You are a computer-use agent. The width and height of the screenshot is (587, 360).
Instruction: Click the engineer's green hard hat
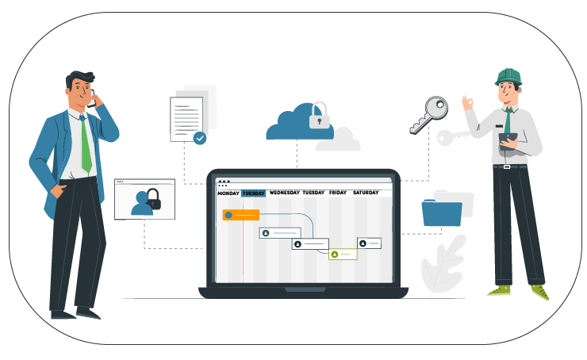click(508, 77)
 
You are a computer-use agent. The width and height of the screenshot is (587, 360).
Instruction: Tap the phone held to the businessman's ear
click(92, 99)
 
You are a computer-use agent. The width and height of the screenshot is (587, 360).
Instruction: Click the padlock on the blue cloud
click(320, 116)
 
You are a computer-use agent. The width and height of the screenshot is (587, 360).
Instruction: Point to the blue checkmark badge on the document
click(200, 138)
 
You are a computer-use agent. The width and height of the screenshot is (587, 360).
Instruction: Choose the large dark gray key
click(429, 115)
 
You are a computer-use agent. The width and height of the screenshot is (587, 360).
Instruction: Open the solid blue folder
click(442, 213)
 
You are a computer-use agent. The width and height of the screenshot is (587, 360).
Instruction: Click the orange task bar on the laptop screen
click(241, 215)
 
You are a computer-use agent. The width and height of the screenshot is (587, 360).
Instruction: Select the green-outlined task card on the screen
click(343, 255)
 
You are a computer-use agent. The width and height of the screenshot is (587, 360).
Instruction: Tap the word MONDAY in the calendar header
click(228, 193)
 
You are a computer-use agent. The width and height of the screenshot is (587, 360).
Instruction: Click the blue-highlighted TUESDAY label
click(254, 193)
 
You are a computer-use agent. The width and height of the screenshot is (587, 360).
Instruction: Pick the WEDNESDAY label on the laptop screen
click(285, 193)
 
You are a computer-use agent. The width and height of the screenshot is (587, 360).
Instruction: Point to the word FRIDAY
click(338, 193)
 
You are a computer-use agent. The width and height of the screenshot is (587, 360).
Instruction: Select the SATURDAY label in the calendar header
click(366, 193)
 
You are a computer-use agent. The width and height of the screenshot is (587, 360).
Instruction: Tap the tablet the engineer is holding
click(508, 141)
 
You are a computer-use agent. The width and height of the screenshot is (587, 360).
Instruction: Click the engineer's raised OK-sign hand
click(467, 102)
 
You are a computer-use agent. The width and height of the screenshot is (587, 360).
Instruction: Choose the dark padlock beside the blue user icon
click(153, 199)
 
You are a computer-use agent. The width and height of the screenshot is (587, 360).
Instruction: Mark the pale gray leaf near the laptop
click(443, 265)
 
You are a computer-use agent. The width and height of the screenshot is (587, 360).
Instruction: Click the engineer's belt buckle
click(507, 167)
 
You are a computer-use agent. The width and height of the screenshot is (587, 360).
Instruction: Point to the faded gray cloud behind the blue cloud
click(338, 140)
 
